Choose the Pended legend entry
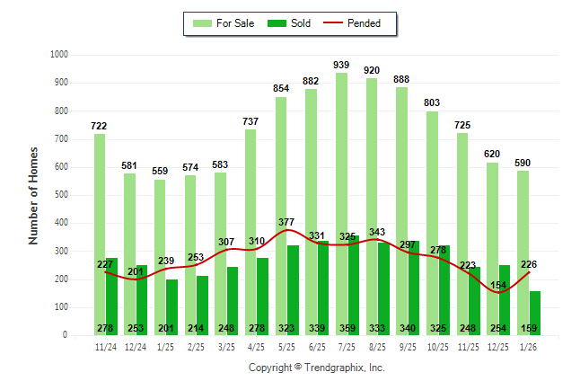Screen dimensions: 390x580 359,23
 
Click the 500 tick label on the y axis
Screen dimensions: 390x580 60,195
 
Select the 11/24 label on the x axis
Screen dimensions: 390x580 105,346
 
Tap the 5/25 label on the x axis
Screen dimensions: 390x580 287,346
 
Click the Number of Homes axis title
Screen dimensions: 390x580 34,195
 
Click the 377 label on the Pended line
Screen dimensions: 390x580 286,222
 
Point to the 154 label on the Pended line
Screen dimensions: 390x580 499,285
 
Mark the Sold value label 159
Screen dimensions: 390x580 530,329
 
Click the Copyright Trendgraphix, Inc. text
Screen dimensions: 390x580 316,368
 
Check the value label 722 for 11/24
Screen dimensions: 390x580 99,126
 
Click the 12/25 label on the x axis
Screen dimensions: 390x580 499,346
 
